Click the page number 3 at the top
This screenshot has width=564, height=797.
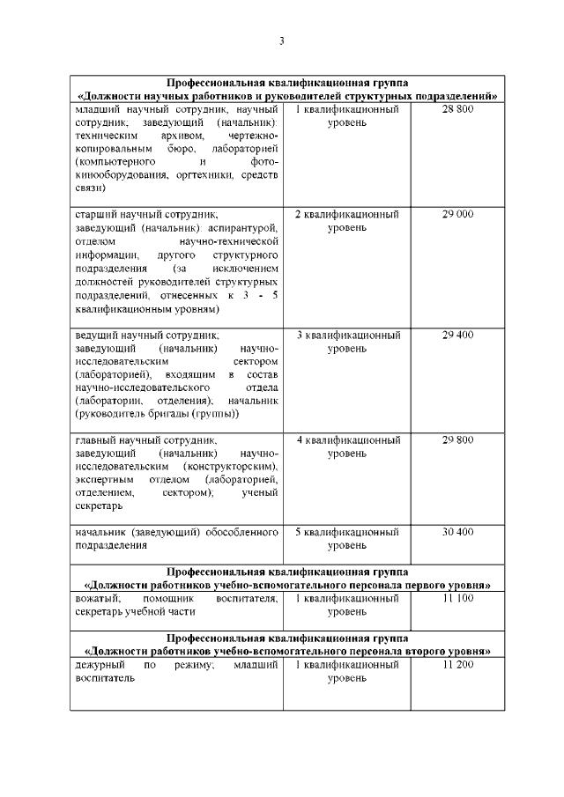pyautogui.click(x=281, y=41)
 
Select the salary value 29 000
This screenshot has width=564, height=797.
pyautogui.click(x=457, y=214)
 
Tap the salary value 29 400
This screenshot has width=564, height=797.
pyautogui.click(x=457, y=335)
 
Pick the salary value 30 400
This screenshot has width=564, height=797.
pyautogui.click(x=457, y=532)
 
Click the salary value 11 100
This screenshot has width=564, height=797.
pyautogui.click(x=457, y=598)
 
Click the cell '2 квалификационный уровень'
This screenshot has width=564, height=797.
pyautogui.click(x=346, y=221)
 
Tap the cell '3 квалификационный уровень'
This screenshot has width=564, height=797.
pyautogui.click(x=346, y=342)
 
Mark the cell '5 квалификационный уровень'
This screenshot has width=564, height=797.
pyautogui.click(x=346, y=539)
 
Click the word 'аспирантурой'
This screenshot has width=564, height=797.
pyautogui.click(x=249, y=227)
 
